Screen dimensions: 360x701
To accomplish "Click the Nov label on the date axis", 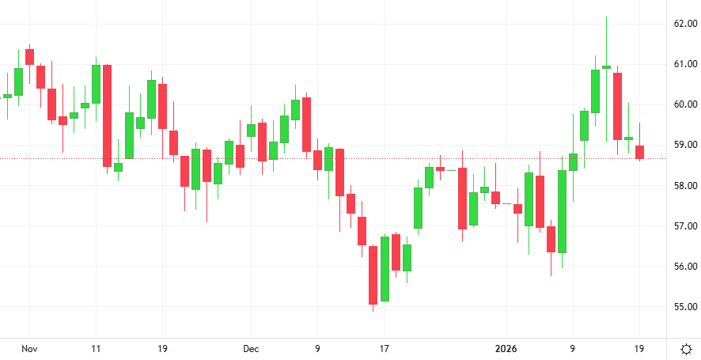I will pos(29,348).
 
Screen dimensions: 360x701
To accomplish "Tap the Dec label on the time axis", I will pos(251,348).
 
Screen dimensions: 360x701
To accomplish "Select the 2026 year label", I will pos(506,348).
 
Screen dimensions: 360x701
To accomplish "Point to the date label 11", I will pos(96,348).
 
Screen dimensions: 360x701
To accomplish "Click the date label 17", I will pos(385,348).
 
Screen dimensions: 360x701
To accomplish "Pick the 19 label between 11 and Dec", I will pos(162,348).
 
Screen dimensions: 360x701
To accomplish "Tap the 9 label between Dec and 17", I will pos(317,348).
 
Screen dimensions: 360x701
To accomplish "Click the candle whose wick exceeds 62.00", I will pos(606,67).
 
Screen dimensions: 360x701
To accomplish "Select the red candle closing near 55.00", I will pos(373,275).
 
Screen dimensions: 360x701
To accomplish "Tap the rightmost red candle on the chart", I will pos(639,152).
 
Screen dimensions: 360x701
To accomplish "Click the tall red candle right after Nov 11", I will pos(107,116).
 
